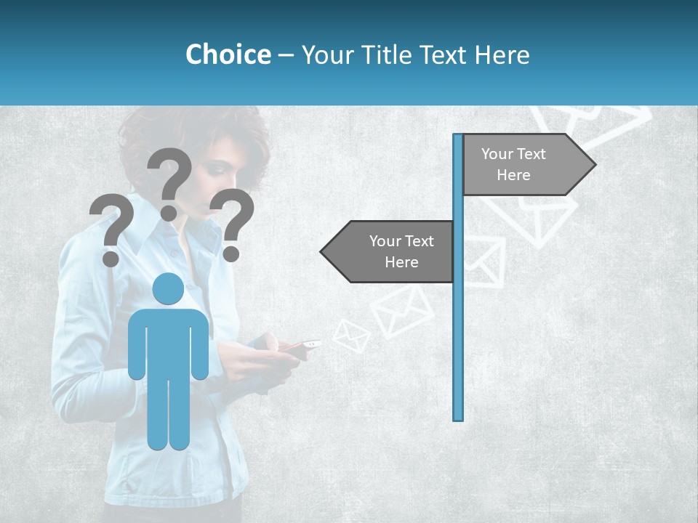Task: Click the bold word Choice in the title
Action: point(228,54)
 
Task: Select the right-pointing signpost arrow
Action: point(527,165)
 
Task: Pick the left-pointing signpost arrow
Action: point(389,252)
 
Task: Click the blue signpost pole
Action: point(458,327)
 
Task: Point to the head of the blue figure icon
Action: point(168,290)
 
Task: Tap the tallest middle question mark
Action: point(169,182)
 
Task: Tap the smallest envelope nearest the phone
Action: point(352,336)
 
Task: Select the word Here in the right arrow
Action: point(513,175)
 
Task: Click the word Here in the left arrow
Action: point(401,262)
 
